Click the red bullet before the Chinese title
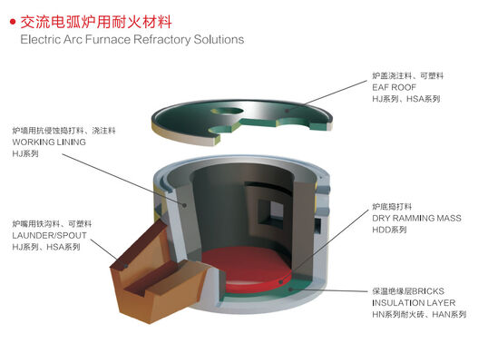tap(11, 19)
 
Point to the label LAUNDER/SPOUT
tap(48, 235)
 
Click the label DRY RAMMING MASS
tap(416, 220)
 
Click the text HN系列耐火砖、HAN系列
tap(418, 315)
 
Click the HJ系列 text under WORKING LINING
tap(28, 155)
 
